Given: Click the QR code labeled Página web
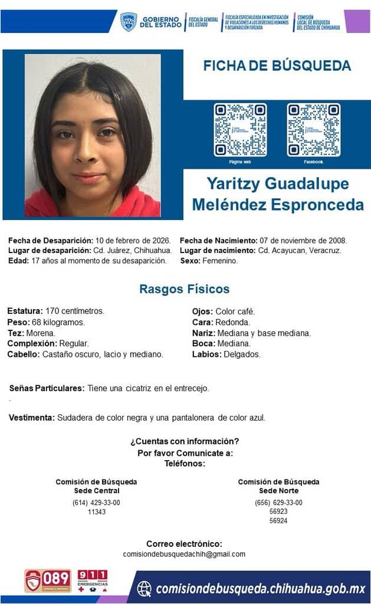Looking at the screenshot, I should (x=240, y=130).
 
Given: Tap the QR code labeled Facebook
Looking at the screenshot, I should (x=313, y=130).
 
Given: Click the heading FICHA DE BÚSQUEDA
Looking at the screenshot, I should (x=277, y=66).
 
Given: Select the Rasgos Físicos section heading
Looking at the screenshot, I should (x=185, y=289).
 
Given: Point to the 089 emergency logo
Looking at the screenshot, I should (x=48, y=580).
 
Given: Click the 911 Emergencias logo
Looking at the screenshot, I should (x=93, y=580).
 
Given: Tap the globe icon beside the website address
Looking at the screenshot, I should (x=144, y=588).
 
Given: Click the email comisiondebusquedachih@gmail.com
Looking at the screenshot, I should (x=184, y=554).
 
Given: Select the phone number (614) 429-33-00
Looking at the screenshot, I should (x=96, y=503).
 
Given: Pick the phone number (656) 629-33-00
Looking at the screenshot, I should (x=278, y=503).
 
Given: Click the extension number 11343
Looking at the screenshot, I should (x=96, y=512).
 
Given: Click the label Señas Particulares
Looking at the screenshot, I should (x=47, y=388).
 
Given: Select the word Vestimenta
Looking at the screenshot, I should (x=32, y=418).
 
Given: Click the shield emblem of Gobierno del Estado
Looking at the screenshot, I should (x=129, y=22).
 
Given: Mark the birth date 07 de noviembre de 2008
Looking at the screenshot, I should (x=303, y=241).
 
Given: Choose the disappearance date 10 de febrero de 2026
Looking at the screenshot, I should (x=133, y=241).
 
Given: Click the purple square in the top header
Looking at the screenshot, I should (x=357, y=21).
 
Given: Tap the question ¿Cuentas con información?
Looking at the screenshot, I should (x=185, y=441).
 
